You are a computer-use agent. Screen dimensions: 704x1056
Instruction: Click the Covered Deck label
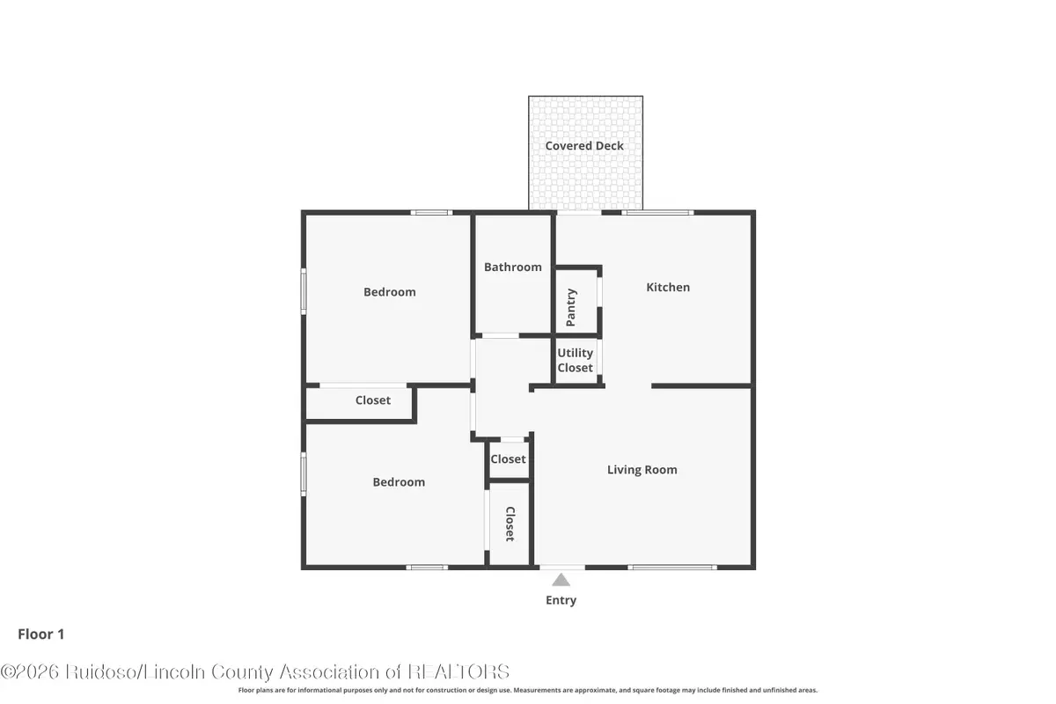click(x=584, y=146)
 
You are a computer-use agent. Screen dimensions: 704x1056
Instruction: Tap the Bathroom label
click(x=513, y=267)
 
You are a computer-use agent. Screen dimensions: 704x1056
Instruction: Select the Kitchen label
click(x=668, y=287)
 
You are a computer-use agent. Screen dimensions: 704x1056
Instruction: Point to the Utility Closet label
click(x=576, y=361)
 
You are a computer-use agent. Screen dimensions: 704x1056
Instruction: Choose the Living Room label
click(x=642, y=470)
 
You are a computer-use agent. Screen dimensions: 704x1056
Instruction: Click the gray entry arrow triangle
click(x=561, y=579)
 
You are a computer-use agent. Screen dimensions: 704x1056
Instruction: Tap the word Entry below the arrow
click(x=561, y=600)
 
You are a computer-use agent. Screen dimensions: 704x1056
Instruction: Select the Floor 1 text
click(x=41, y=634)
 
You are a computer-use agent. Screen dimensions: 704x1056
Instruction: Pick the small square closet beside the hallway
click(x=508, y=459)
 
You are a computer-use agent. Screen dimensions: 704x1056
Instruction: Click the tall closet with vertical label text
click(x=510, y=524)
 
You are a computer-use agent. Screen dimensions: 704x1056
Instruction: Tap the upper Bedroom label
click(x=390, y=292)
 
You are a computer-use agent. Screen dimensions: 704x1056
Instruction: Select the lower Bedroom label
click(x=399, y=482)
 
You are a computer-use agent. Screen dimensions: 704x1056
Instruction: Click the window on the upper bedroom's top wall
click(x=431, y=213)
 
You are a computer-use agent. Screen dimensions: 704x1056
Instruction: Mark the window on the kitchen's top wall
click(x=657, y=213)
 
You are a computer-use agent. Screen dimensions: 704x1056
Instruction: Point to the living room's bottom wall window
click(x=673, y=567)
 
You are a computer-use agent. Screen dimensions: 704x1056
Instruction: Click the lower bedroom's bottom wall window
click(x=427, y=567)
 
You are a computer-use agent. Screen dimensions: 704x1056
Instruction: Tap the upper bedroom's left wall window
click(x=304, y=291)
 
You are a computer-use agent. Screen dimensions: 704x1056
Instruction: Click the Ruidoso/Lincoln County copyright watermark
click(x=255, y=671)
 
